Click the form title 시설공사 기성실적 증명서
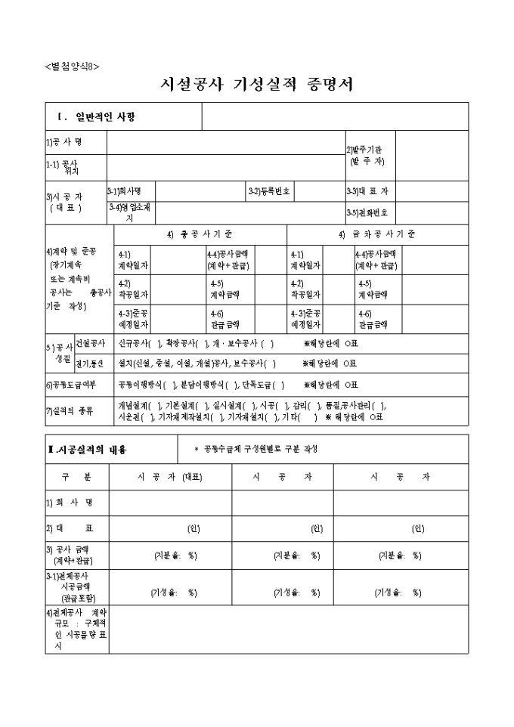click(257, 85)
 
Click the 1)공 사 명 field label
click(64, 141)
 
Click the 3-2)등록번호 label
click(269, 191)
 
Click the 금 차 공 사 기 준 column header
click(376, 234)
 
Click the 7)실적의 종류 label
click(71, 409)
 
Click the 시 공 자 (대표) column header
click(170, 477)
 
